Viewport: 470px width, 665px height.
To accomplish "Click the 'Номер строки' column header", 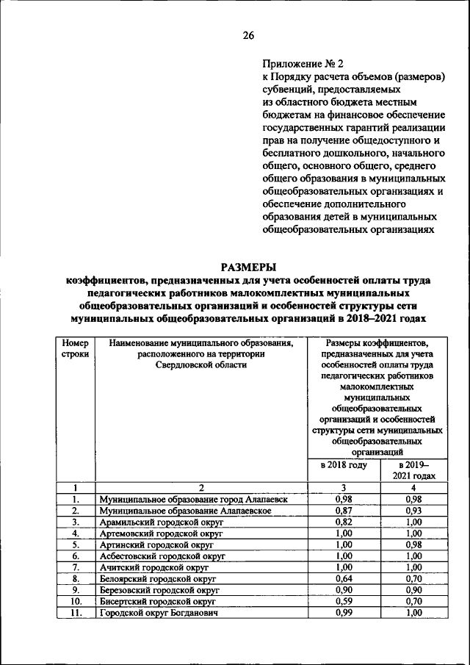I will [75, 348].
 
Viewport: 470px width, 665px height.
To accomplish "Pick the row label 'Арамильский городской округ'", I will [161, 522].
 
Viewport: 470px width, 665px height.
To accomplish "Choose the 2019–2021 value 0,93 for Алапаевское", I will [413, 511].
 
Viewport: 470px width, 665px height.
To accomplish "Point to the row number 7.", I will [75, 567].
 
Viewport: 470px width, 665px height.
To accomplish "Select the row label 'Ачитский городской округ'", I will [154, 567].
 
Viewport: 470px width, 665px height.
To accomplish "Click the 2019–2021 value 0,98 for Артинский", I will [413, 544].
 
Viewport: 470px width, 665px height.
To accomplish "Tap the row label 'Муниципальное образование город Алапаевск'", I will [193, 500].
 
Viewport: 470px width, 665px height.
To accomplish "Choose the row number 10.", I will [75, 601].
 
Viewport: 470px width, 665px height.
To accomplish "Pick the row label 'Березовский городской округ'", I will [159, 590].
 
